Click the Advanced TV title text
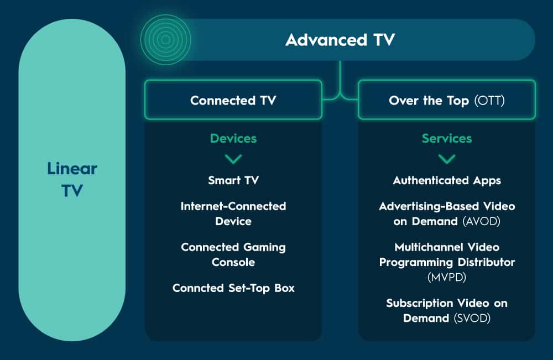340,40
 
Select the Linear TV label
72,180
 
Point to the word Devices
233,139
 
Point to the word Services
447,139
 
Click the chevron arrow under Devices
233,159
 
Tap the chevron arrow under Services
447,159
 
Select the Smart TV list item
233,180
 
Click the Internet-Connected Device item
233,213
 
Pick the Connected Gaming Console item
233,254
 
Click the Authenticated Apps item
447,180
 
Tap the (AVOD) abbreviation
481,221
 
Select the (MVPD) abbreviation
447,277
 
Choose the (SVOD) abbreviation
472,319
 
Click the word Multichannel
421,247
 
